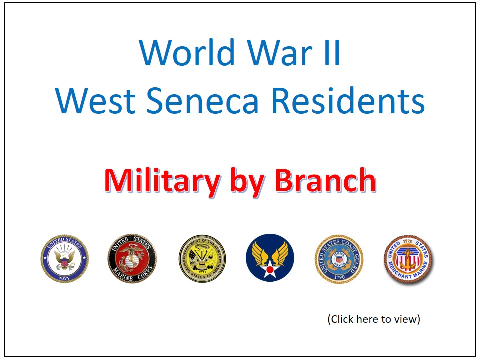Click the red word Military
click(x=162, y=181)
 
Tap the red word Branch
click(x=324, y=181)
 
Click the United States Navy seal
click(x=65, y=258)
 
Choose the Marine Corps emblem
click(x=132, y=258)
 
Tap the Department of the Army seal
click(x=202, y=258)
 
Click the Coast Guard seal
click(x=338, y=258)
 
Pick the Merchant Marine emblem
click(x=408, y=259)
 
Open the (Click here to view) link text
click(x=374, y=319)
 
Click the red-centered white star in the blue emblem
click(x=270, y=270)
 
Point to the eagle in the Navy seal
click(x=65, y=257)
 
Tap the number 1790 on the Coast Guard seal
click(x=338, y=276)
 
